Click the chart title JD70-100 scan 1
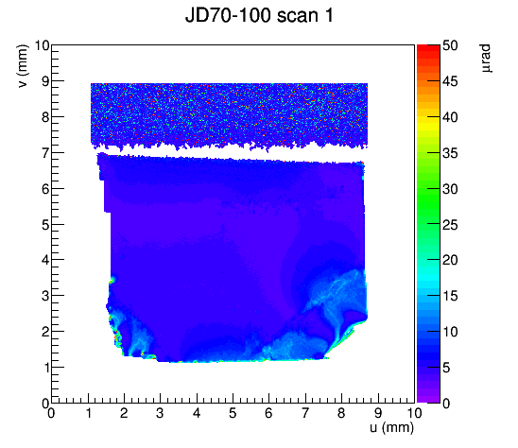[259, 15]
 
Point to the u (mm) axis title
[391, 427]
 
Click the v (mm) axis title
[23, 66]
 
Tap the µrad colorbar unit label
[486, 59]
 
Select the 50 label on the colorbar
[450, 45]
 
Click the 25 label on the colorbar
[450, 225]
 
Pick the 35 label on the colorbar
[450, 153]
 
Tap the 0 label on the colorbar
[446, 404]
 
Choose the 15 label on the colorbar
[450, 296]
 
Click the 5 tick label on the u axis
[233, 413]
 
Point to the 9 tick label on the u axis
[378, 413]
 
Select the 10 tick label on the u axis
[414, 413]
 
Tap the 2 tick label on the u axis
[124, 413]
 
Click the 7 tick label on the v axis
[45, 153]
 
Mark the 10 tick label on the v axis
[42, 45]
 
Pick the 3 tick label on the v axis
[45, 296]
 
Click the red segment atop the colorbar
[428, 48]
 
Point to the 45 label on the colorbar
[450, 81]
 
